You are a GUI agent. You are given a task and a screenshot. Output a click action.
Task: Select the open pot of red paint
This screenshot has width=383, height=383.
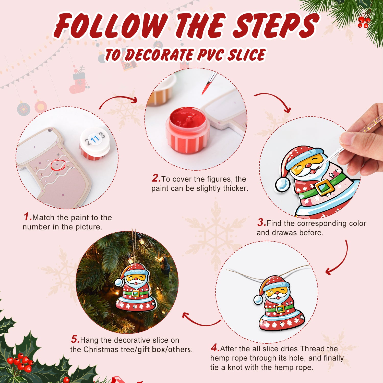188,130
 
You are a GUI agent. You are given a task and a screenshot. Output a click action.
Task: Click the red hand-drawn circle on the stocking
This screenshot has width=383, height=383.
58,165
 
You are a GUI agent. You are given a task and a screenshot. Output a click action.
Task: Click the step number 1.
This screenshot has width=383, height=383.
27,217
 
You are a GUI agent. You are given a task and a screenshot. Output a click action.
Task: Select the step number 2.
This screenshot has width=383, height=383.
156,178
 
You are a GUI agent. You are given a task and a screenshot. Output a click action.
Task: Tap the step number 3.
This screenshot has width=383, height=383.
261,222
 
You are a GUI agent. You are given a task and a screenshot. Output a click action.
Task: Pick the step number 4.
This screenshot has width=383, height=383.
215,348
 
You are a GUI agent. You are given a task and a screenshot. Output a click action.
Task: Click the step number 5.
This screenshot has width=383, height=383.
75,339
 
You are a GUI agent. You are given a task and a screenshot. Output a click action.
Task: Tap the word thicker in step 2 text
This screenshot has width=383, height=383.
235,188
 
